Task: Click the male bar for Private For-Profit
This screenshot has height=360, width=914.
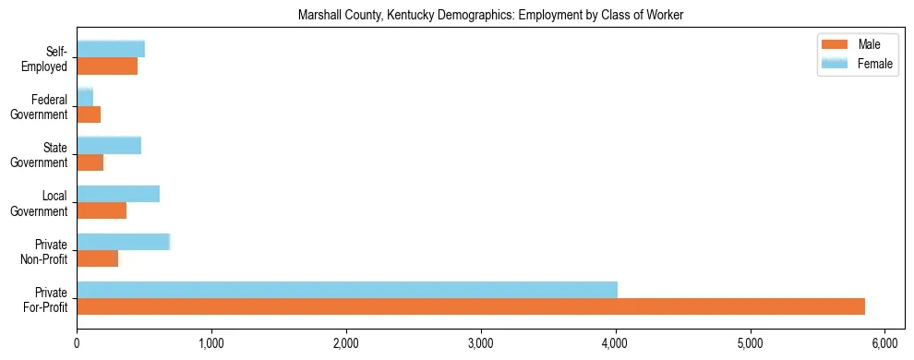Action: (x=471, y=306)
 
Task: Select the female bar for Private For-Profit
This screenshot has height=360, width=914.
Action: (x=347, y=290)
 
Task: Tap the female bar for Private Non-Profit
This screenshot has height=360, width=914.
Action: (x=124, y=242)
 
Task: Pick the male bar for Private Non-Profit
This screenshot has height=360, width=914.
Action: (x=98, y=258)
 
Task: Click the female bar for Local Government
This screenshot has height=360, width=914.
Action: (x=118, y=194)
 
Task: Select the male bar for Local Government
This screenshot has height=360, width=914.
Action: (x=102, y=210)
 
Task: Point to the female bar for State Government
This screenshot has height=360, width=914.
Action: (x=109, y=146)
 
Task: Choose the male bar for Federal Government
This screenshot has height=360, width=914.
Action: (x=89, y=114)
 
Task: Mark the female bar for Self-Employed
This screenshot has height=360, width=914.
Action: (x=111, y=49)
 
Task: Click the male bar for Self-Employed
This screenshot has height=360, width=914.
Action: (x=107, y=66)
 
